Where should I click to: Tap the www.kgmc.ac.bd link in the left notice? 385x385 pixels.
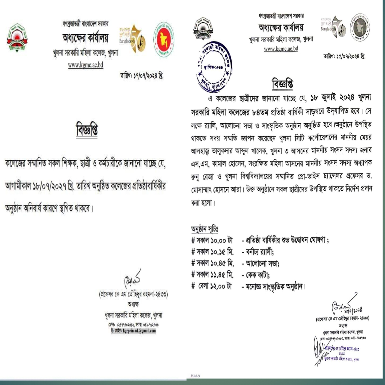click(x=85, y=65)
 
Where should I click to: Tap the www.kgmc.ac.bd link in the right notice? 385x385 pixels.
click(x=281, y=49)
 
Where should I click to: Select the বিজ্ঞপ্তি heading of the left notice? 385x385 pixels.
click(x=87, y=130)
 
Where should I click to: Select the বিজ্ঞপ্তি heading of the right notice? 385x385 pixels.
click(x=282, y=84)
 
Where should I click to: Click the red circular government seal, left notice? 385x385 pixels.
click(x=164, y=39)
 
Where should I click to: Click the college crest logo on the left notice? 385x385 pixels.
click(x=17, y=38)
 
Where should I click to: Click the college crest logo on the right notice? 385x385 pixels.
click(x=203, y=29)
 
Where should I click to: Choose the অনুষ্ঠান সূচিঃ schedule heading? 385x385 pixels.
click(x=205, y=229)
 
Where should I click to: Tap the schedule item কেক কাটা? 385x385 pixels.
click(x=258, y=275)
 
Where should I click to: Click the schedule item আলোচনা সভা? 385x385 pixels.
click(x=263, y=263)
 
